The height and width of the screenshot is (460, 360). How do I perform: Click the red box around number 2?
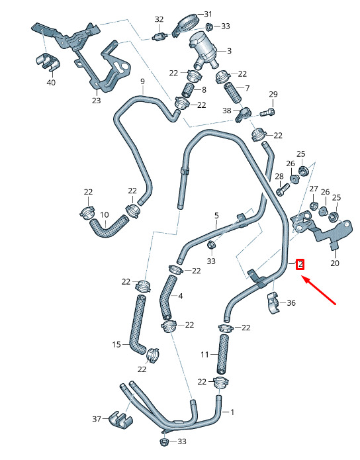coord(300,264)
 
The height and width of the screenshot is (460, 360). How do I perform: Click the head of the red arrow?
coord(304,278)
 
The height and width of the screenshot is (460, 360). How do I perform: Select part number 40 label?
coord(51,83)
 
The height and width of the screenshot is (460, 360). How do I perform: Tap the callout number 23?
coord(96,101)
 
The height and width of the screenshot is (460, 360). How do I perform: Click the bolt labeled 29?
coord(267,112)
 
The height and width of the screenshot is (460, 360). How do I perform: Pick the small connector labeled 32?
coord(159,37)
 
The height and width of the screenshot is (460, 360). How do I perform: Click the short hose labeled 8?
coord(188,90)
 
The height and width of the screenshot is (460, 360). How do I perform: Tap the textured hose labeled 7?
coord(233,93)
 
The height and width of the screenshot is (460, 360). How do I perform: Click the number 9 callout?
coord(142,81)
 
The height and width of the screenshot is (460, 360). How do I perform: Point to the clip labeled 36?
coord(273,302)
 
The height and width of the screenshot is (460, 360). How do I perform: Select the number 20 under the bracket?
coord(334,263)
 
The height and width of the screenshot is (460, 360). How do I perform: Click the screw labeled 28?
coord(283,189)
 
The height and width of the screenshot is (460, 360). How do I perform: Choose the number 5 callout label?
coord(216,216)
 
